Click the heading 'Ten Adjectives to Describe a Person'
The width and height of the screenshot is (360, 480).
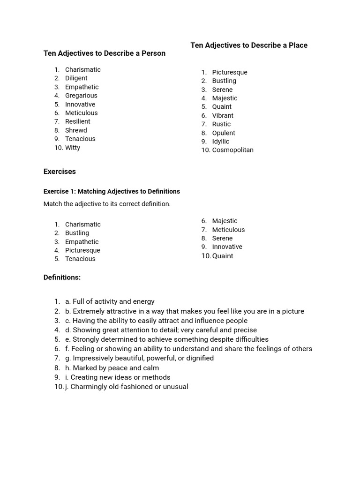[104, 53]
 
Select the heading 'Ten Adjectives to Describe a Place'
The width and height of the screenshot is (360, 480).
[249, 45]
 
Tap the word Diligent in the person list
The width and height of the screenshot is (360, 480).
[76, 78]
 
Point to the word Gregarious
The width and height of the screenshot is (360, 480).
[81, 96]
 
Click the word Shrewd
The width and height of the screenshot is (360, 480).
[76, 130]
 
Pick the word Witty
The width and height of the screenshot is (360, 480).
[73, 148]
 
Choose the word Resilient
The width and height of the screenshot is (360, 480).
[77, 121]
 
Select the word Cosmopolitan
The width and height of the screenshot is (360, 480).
[232, 150]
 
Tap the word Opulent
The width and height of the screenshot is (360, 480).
[224, 133]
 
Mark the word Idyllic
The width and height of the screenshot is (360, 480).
[221, 142]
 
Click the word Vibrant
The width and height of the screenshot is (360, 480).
[223, 115]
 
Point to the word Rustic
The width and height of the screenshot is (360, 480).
[221, 124]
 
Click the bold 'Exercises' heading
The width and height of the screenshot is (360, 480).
[60, 172]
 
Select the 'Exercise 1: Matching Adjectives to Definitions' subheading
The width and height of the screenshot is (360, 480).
[112, 191]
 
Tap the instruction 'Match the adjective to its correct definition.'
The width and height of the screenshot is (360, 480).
[107, 204]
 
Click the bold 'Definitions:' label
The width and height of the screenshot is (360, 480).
[62, 277]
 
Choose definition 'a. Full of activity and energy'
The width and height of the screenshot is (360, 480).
[110, 301]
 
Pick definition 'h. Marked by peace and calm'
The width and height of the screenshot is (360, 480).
[112, 368]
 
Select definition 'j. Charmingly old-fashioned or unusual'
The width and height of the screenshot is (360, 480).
[127, 387]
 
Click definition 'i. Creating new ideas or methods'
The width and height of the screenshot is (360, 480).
[118, 377]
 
